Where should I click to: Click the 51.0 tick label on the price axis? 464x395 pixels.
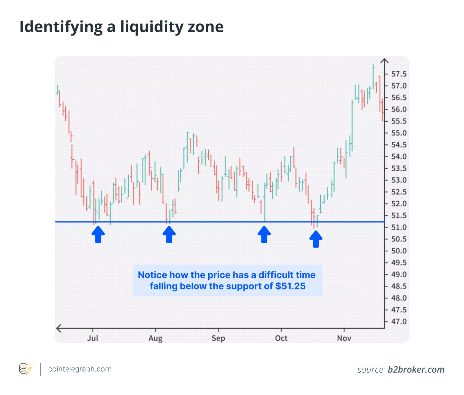pyautogui.click(x=399, y=227)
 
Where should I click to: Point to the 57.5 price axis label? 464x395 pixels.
pyautogui.click(x=399, y=74)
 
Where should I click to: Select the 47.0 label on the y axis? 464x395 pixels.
pyautogui.click(x=399, y=321)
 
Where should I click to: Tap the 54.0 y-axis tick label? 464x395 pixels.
pyautogui.click(x=399, y=157)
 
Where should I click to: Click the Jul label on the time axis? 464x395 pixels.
pyautogui.click(x=93, y=338)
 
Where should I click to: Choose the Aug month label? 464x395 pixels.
pyautogui.click(x=156, y=338)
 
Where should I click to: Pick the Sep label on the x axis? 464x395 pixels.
pyautogui.click(x=218, y=338)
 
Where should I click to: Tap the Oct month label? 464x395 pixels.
pyautogui.click(x=281, y=338)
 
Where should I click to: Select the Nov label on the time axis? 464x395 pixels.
pyautogui.click(x=344, y=338)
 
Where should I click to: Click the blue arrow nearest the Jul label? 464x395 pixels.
pyautogui.click(x=98, y=234)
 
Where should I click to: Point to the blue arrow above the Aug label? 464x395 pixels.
pyautogui.click(x=169, y=234)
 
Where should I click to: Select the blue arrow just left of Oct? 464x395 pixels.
pyautogui.click(x=264, y=234)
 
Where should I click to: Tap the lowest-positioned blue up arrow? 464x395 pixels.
pyautogui.click(x=316, y=239)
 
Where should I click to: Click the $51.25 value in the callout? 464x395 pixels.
pyautogui.click(x=290, y=286)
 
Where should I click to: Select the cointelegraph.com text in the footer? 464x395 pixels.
pyautogui.click(x=80, y=369)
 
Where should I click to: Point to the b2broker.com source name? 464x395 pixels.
pyautogui.click(x=416, y=370)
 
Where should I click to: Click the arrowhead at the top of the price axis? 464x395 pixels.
pyautogui.click(x=384, y=61)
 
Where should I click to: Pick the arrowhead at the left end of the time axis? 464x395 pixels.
pyautogui.click(x=59, y=328)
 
